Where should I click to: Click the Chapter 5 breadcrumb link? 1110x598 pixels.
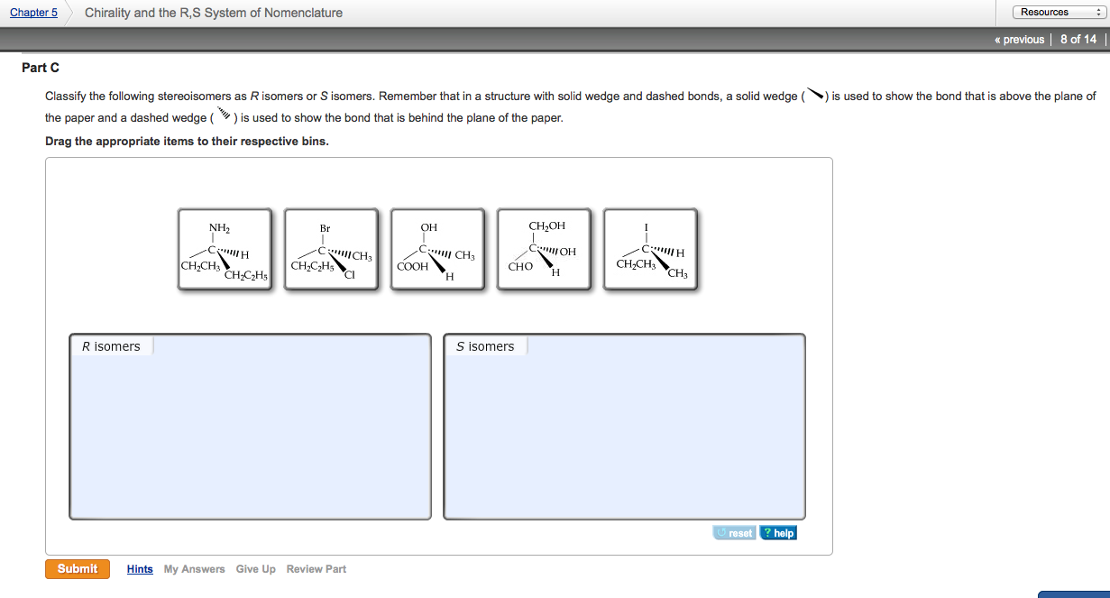point(33,13)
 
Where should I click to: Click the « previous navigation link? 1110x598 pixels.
point(1019,40)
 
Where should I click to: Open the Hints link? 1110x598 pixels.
point(140,569)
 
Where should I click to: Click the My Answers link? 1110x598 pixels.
point(194,569)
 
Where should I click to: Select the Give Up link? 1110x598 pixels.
point(255,569)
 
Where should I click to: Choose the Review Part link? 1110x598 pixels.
point(316,569)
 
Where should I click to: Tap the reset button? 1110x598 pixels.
point(734,533)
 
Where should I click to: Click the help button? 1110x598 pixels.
point(778,533)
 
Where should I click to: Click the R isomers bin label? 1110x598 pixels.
point(111,346)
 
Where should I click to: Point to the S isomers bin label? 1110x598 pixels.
point(485,346)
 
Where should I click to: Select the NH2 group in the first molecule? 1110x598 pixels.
point(219,227)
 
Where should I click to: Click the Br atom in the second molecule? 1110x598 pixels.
point(325,228)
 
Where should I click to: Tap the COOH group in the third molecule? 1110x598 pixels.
point(413,267)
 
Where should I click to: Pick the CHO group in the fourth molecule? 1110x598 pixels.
point(520,267)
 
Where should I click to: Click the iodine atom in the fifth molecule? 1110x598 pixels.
point(647,227)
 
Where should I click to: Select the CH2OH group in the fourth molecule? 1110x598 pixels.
point(546,225)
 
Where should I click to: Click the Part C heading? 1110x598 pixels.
point(41,69)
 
